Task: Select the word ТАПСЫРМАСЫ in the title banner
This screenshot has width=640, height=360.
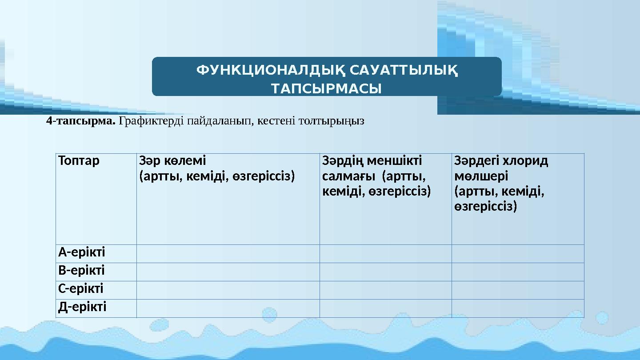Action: (327, 89)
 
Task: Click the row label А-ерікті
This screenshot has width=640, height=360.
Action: (82, 252)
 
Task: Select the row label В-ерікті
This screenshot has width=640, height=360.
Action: (81, 271)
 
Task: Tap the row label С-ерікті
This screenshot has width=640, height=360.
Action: (81, 289)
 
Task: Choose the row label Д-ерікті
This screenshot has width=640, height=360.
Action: (82, 307)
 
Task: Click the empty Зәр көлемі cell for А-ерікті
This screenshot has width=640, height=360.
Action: (228, 253)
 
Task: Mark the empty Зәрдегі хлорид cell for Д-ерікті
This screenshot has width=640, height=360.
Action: (517, 308)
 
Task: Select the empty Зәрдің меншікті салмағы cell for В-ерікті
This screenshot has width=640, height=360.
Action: (385, 272)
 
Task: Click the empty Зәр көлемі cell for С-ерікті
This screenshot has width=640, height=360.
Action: (228, 290)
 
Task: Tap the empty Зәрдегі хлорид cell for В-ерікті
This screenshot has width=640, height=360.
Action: (517, 272)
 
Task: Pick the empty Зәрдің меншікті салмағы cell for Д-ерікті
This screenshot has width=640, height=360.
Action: (385, 308)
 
